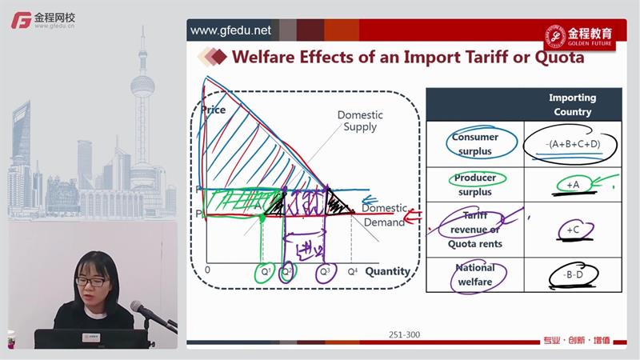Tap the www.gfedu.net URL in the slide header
(230, 31)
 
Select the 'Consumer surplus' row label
(474, 144)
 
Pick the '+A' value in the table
(572, 185)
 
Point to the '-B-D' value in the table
(572, 274)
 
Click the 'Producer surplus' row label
(474, 185)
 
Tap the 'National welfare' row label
(474, 274)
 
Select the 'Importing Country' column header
(572, 105)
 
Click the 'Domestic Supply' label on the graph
(360, 122)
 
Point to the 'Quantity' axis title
(387, 271)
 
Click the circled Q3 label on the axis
(324, 271)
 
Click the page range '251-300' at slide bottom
(403, 335)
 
